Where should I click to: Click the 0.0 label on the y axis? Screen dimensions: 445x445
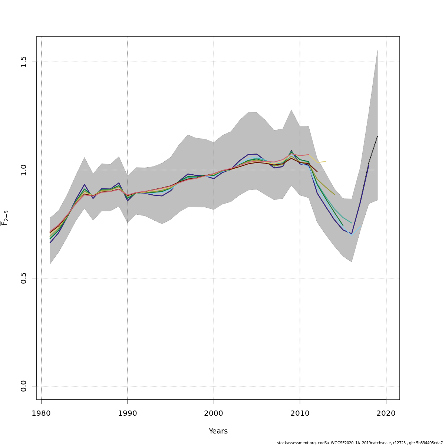24,386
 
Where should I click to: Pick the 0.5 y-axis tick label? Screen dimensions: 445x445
24,278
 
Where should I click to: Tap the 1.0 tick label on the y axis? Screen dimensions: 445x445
24,170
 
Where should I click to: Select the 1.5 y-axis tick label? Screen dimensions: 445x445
24,62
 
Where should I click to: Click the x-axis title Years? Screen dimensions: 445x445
218,431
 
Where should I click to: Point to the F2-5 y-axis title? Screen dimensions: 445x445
5,218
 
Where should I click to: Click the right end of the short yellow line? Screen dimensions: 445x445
326,161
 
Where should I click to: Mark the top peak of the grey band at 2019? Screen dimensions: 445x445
378,50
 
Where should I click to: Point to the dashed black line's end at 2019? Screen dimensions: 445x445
378,136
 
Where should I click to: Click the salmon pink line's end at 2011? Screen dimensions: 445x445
309,155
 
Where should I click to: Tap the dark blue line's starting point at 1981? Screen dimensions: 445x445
50,243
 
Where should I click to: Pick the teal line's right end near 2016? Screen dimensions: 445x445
352,223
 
